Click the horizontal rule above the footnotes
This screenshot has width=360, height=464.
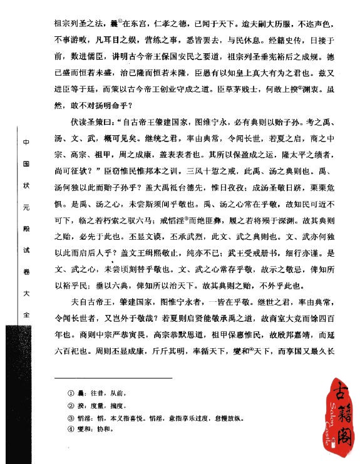pos(113,378)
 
